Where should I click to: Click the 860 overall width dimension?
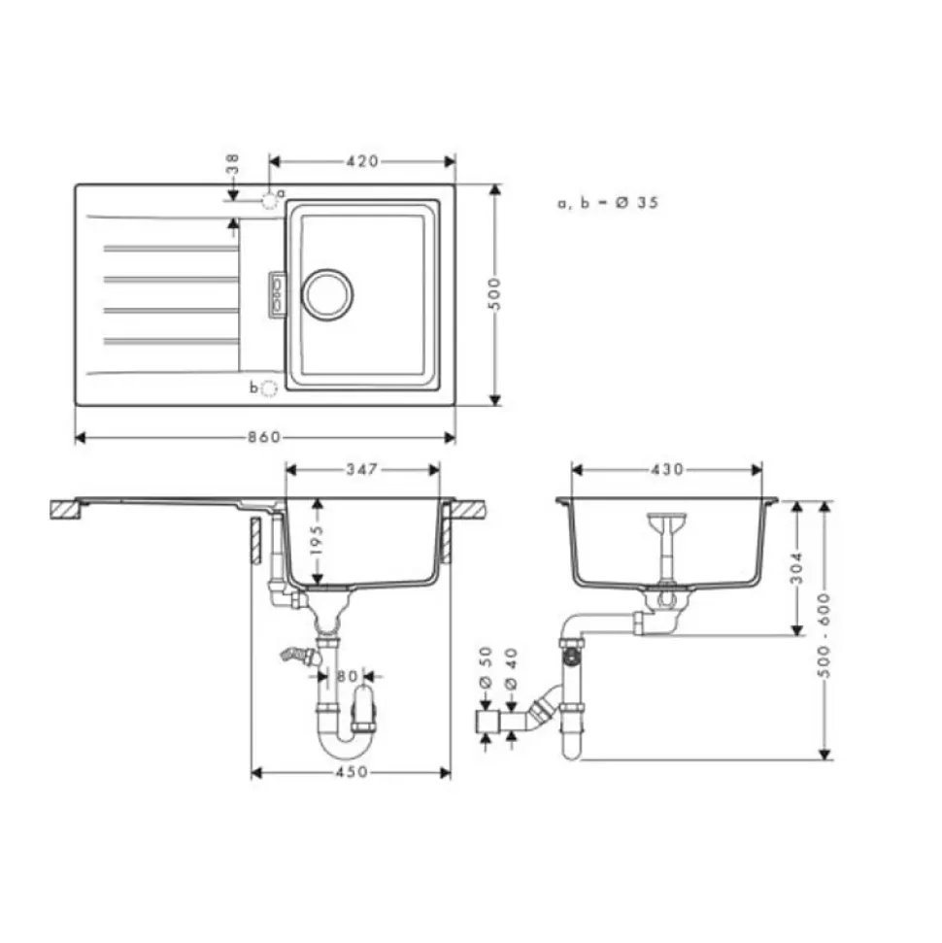coord(264,437)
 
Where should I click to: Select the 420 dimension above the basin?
coord(362,161)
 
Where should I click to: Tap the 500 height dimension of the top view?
coord(494,293)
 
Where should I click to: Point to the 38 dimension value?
coord(233,163)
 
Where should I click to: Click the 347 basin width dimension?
coord(361,469)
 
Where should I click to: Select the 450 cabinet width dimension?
coord(352,772)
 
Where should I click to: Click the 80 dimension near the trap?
coord(347,677)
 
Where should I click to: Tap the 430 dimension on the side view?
coord(667,469)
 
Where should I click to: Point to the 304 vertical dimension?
coord(796,568)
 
